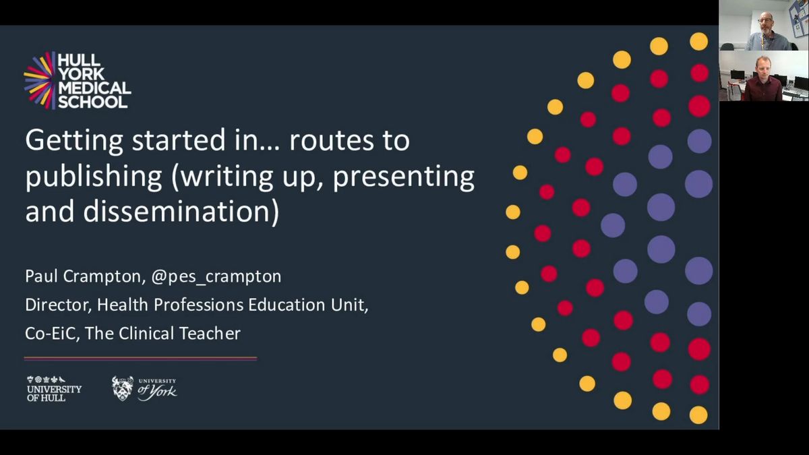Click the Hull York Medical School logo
coord(78,80)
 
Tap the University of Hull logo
coord(54,388)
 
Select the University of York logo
coord(144,388)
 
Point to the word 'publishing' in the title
coord(94,177)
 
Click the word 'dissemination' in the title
coord(177,212)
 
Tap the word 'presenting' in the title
coord(403,177)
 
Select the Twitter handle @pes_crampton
coord(216,276)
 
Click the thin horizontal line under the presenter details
coord(140,359)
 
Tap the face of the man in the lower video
coord(763,67)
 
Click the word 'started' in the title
coord(179,140)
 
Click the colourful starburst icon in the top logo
coord(40,80)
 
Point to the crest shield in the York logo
coord(122,389)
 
